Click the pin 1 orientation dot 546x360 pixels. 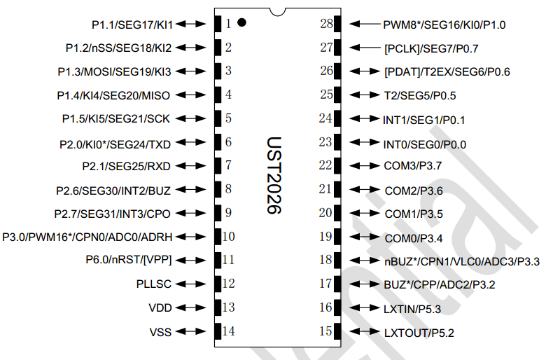(241, 22)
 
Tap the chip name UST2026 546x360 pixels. (274, 175)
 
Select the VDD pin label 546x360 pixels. (160, 307)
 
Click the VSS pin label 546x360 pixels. (160, 331)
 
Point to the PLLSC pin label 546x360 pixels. (154, 284)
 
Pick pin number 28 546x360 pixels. (325, 24)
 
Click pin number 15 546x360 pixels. (325, 331)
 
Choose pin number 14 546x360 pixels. (229, 331)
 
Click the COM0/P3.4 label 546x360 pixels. (414, 238)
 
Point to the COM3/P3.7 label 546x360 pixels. (414, 167)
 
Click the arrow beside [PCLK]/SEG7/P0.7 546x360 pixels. (364, 48)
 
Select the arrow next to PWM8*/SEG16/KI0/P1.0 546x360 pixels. (364, 24)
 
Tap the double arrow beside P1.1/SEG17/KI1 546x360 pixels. (188, 24)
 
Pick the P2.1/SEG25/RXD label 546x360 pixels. (126, 166)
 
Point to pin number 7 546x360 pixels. (229, 166)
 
